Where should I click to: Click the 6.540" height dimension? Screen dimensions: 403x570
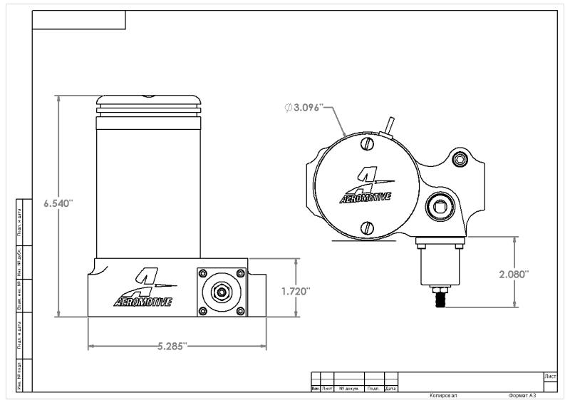[58, 203]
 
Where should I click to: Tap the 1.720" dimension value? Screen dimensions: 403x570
[295, 291]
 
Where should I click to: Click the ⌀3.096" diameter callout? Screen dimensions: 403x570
[304, 107]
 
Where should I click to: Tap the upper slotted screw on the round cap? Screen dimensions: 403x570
[367, 144]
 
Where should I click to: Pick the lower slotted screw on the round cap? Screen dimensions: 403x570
[367, 228]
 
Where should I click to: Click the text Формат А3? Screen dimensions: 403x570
[522, 395]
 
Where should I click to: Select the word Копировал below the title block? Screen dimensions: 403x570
[443, 395]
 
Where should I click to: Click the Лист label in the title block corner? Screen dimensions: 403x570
[550, 375]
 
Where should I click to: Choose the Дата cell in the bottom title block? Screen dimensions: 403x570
[390, 389]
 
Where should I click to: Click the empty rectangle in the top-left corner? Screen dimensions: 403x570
[79, 20]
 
